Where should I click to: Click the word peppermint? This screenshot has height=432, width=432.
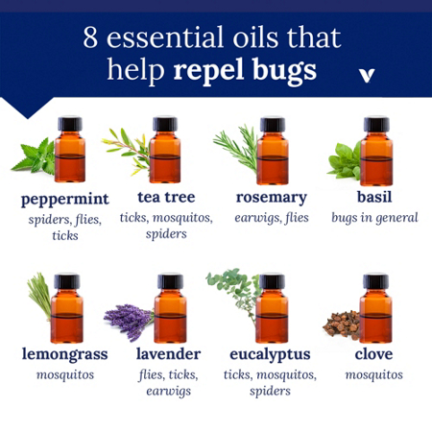(64, 200)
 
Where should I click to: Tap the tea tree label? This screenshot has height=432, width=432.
(165, 197)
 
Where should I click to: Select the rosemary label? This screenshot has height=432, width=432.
(272, 197)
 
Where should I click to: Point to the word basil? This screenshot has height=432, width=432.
(374, 197)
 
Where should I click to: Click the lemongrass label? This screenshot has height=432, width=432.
(64, 353)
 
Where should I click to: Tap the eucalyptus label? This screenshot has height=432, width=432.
(271, 353)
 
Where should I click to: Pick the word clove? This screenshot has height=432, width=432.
(374, 353)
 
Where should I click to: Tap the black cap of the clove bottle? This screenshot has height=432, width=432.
(375, 281)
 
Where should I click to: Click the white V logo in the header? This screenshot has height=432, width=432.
(365, 74)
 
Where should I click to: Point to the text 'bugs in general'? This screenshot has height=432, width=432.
(374, 218)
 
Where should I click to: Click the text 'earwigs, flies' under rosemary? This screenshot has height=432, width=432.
(272, 218)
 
